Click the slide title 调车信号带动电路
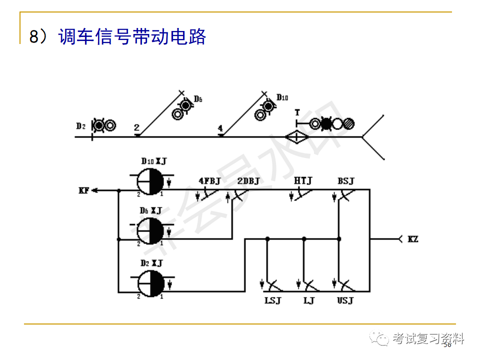click(x=132, y=37)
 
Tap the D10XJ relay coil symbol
click(x=150, y=180)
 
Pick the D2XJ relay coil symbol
click(x=150, y=281)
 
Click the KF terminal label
click(x=84, y=190)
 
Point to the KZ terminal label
click(x=413, y=239)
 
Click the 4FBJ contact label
click(x=209, y=181)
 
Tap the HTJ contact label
click(x=302, y=181)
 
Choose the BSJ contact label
click(x=345, y=181)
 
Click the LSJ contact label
click(x=273, y=301)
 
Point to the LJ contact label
click(x=308, y=301)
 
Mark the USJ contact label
click(x=345, y=301)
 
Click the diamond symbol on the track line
click(x=295, y=136)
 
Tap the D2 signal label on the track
click(x=80, y=126)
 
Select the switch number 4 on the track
click(x=220, y=128)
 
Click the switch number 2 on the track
click(x=136, y=127)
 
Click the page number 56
click(x=447, y=345)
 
